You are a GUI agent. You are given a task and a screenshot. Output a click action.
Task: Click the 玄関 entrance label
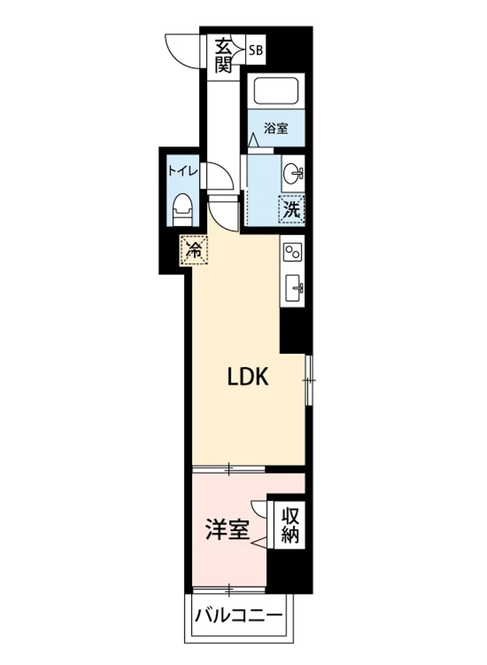pyautogui.click(x=223, y=56)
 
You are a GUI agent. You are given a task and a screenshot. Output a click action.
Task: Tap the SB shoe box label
pyautogui.click(x=256, y=50)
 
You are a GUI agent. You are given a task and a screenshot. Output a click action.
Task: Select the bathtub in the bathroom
pyautogui.click(x=276, y=91)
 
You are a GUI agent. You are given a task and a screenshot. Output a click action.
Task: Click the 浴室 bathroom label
pyautogui.click(x=276, y=128)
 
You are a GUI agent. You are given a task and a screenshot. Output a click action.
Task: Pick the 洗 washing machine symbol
pyautogui.click(x=292, y=210)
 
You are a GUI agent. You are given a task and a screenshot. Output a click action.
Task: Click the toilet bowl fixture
pyautogui.click(x=183, y=209)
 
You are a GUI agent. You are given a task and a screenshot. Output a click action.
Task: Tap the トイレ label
pyautogui.click(x=183, y=172)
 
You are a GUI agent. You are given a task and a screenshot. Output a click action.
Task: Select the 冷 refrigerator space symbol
pyautogui.click(x=194, y=250)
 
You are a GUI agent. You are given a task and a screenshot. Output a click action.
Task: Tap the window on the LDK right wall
pyautogui.click(x=309, y=380)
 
